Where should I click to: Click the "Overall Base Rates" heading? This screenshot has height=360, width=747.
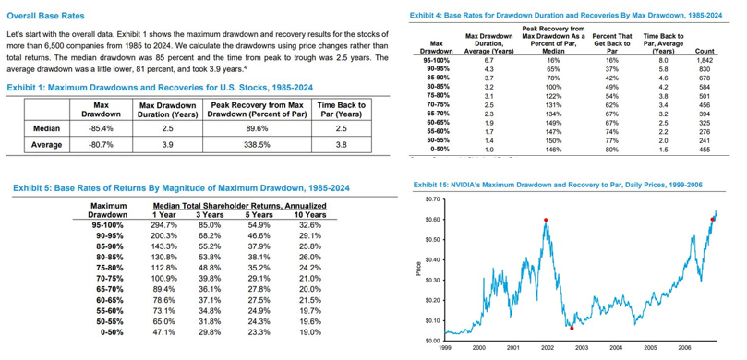point(45,16)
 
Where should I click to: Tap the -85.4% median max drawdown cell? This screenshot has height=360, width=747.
point(101,128)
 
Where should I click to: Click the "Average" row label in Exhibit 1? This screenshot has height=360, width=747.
point(48,145)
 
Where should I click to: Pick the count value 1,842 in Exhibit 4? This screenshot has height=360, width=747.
point(703,61)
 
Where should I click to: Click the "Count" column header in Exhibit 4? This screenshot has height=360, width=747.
point(705,52)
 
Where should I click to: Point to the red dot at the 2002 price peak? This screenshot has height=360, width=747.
point(546,220)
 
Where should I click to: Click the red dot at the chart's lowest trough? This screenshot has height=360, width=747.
point(572,328)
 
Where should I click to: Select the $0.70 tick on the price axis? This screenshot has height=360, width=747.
point(430,199)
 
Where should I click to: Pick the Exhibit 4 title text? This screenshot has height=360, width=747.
point(566,16)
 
